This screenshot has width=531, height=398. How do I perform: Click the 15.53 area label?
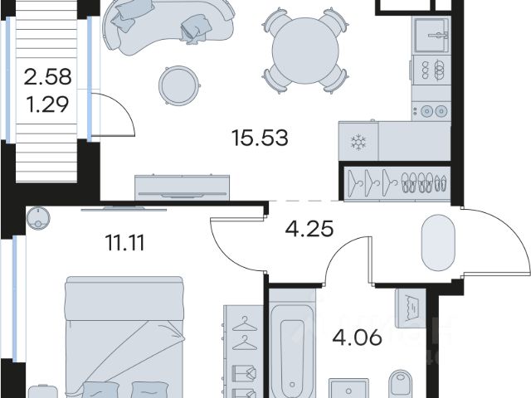click(260, 138)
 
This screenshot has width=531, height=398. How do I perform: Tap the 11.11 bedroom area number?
click(125, 243)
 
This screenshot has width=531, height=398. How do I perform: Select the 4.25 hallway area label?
click(309, 229)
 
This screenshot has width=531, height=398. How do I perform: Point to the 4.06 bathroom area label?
click(358, 337)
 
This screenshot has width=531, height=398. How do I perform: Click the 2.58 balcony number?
click(48, 76)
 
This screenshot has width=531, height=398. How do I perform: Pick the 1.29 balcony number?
click(48, 104)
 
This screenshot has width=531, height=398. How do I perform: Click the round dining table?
click(305, 51)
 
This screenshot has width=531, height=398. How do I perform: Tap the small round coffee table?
click(178, 85)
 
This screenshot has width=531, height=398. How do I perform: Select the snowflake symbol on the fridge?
click(358, 143)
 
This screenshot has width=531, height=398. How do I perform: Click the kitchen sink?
click(431, 35)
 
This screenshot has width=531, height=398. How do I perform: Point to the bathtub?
click(292, 348)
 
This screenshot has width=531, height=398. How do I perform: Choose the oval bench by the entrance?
click(437, 242)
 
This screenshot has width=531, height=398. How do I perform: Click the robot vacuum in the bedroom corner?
click(38, 218)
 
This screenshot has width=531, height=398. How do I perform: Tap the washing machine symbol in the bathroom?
click(411, 308)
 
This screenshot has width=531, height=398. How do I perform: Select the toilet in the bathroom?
click(401, 384)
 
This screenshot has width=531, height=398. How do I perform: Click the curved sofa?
click(169, 26)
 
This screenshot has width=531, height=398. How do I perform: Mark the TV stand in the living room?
click(183, 188)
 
